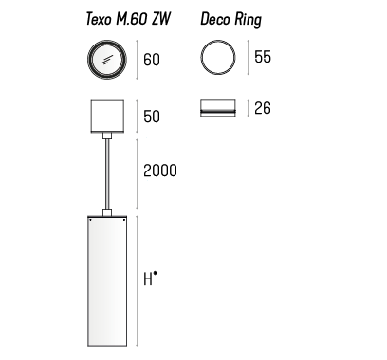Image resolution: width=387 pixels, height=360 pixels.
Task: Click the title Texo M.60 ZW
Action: point(128,19)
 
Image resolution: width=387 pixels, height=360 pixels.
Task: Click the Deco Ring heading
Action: point(231,20)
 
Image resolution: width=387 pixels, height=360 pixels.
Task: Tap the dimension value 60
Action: point(152,60)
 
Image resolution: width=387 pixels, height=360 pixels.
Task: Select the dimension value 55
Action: point(263,57)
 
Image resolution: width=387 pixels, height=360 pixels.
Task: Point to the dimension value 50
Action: point(152,117)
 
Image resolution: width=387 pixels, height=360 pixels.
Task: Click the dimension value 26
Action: point(263,108)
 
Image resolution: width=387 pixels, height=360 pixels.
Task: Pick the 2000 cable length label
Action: point(160,171)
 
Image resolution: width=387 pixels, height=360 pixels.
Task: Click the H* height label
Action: point(151,279)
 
